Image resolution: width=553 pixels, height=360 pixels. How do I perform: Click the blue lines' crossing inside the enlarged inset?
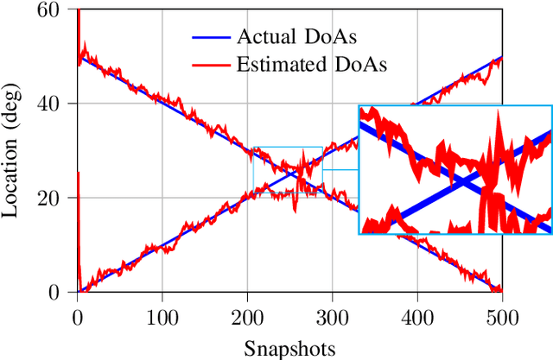click(465, 182)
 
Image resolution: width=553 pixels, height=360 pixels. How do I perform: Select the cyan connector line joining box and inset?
click(340, 169)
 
